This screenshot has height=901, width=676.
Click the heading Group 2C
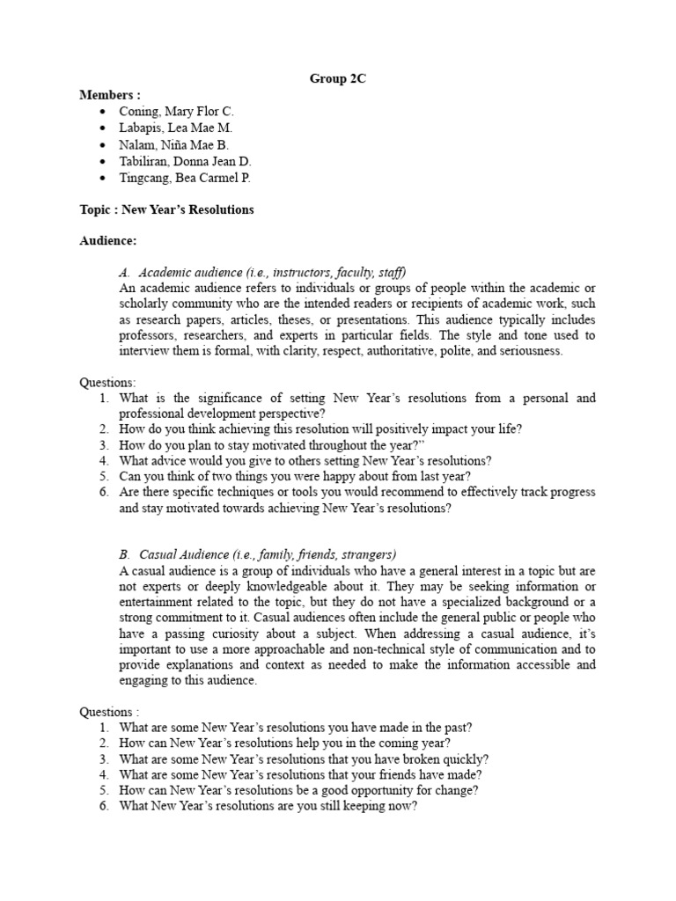(x=337, y=79)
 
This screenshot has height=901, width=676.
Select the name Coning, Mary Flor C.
(x=177, y=112)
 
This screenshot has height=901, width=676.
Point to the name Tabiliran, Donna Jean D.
(x=186, y=161)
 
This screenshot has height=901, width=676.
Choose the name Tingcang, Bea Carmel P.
(x=185, y=178)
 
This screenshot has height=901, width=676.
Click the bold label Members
(x=109, y=95)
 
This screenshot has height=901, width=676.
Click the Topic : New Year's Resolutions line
(x=166, y=210)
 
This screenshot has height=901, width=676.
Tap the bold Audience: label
(x=108, y=240)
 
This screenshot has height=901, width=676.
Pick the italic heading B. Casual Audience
(x=257, y=554)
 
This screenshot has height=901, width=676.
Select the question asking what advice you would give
(x=305, y=460)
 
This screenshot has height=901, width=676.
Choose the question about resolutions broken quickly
(x=304, y=758)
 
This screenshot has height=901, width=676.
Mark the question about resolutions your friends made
(x=300, y=774)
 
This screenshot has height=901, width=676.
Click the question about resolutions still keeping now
(x=268, y=806)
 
